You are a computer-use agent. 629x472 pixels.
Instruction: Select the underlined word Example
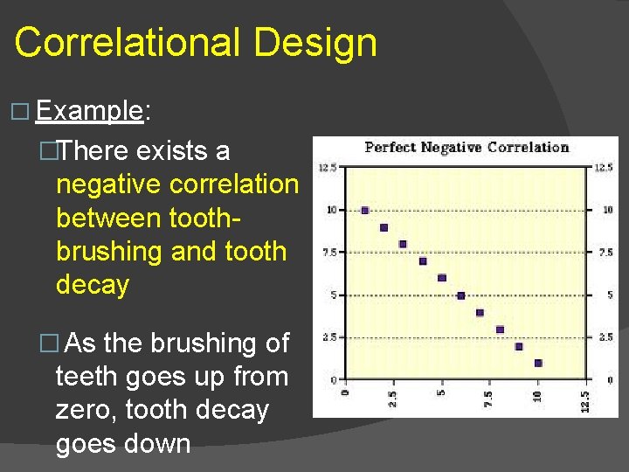pos(90,111)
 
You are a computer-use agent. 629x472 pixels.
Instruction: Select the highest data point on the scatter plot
pos(365,211)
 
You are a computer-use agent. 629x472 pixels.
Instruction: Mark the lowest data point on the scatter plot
pos(538,363)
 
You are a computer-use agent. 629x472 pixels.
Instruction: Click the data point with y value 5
pos(461,295)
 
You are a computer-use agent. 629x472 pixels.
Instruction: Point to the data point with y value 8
pos(403,244)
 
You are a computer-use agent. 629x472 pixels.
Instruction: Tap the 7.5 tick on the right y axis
pos(604,253)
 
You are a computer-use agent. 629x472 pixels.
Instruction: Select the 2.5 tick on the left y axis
pos(330,337)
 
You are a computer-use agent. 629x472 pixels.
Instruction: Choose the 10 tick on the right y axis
pos(606,210)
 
